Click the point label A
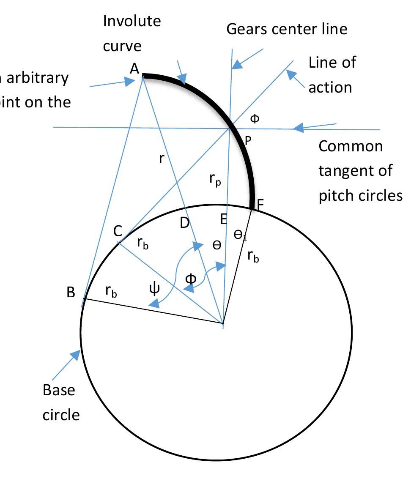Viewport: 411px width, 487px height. pos(134,69)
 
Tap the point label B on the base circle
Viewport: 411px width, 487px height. pos(71,293)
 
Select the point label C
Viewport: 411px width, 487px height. pos(118,231)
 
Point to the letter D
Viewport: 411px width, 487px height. pos(185,223)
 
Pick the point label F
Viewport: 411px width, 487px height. pos(260,204)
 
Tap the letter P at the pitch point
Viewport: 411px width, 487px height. pos(248,141)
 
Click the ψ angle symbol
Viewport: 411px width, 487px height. pos(154,290)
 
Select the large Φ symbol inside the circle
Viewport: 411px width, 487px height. pos(191,279)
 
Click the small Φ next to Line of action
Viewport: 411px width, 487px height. pos(255,119)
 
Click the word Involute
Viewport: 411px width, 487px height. pos(132,21)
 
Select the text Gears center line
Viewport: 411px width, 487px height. pos(287,29)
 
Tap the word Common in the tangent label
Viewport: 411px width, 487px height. pos(351,146)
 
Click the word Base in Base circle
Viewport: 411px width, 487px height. pos(59,390)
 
